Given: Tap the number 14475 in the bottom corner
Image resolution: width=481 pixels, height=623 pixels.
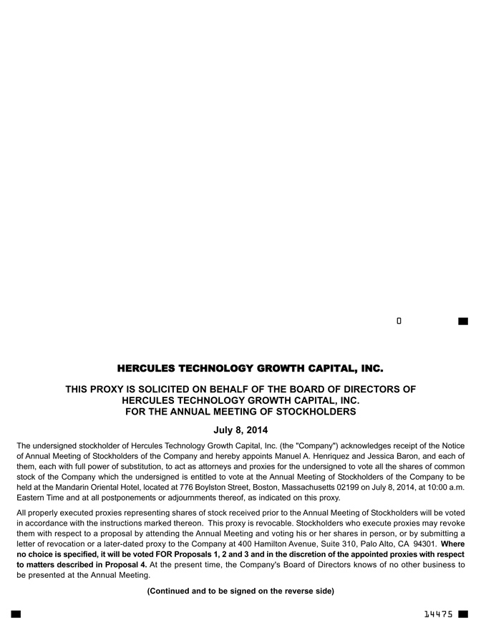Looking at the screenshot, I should click(438, 614).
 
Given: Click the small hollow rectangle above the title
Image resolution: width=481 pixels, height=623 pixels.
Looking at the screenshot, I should click(399, 320).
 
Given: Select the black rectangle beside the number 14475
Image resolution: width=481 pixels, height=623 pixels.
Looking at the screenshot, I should click(463, 614).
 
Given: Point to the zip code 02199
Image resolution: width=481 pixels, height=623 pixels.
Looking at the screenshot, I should click(337, 488).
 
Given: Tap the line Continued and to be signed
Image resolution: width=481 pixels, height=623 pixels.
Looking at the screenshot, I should click(240, 591).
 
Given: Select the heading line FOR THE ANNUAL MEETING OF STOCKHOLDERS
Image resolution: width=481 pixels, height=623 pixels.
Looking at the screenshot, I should click(240, 412).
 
